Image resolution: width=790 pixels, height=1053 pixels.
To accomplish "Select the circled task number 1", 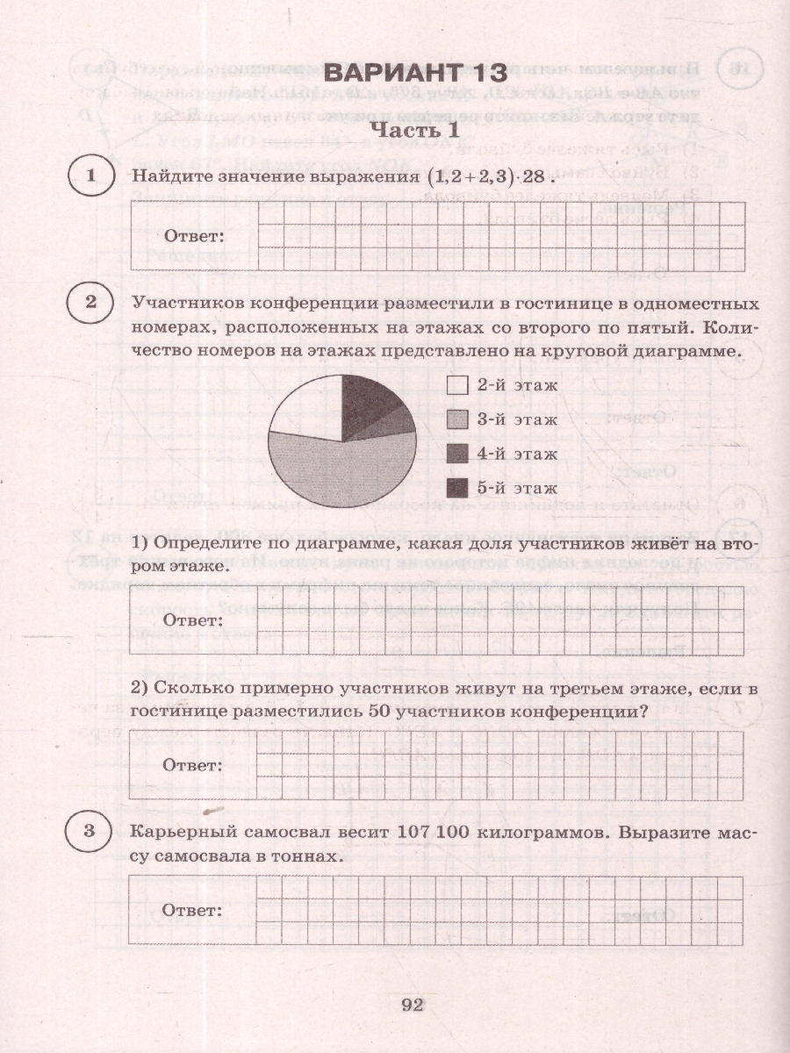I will tap(90, 176).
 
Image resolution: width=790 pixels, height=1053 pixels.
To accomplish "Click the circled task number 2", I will tap(90, 303).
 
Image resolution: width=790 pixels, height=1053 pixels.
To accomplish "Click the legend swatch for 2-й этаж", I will tap(457, 385).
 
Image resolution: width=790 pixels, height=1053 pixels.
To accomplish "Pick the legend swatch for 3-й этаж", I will tap(457, 419).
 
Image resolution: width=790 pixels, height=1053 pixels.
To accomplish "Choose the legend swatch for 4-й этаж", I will tap(457, 454).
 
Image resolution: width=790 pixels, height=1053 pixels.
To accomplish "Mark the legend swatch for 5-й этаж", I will tap(457, 488).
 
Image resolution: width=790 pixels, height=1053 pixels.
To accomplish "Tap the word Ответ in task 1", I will tap(194, 237).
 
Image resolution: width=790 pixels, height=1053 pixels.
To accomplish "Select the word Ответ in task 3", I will tap(194, 910).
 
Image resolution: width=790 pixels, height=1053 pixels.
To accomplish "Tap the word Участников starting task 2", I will tap(185, 304).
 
